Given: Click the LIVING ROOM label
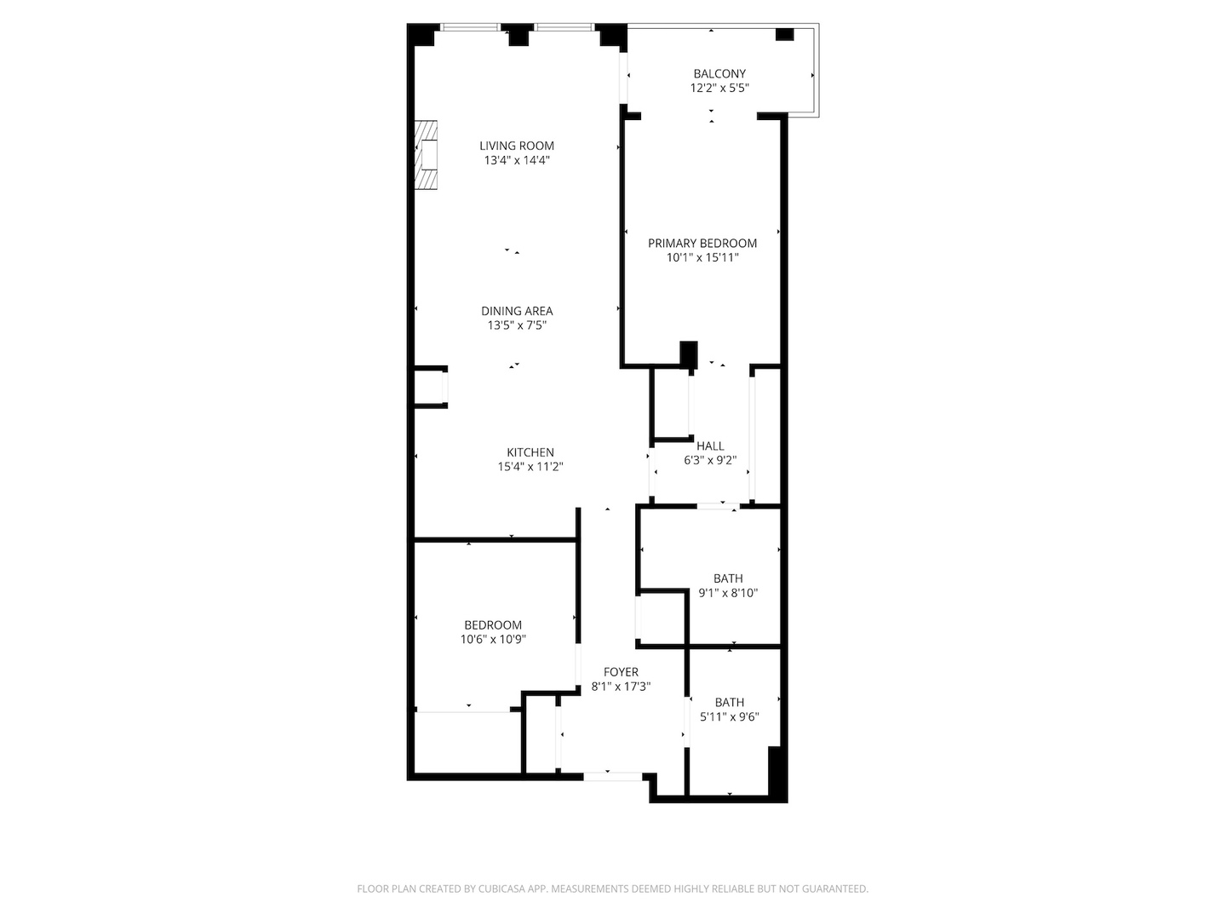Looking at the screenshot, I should pyautogui.click(x=516, y=146).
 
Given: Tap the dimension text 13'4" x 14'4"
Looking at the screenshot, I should pyautogui.click(x=516, y=160).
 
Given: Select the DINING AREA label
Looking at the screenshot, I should pyautogui.click(x=516, y=311).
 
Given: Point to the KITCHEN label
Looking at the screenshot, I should pyautogui.click(x=530, y=452).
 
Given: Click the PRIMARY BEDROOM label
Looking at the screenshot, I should pyautogui.click(x=702, y=243).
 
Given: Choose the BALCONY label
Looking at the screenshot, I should pyautogui.click(x=719, y=73).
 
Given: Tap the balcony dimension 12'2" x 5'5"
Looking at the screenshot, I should pyautogui.click(x=719, y=88).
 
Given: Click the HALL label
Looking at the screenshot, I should pyautogui.click(x=710, y=446).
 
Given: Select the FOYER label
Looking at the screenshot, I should pyautogui.click(x=621, y=672).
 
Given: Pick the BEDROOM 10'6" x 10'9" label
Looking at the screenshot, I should pyautogui.click(x=493, y=624).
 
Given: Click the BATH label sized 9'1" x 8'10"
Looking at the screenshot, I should pyautogui.click(x=728, y=578).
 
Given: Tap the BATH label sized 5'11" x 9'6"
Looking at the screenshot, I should pyautogui.click(x=729, y=702).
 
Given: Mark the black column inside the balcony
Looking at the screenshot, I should pyautogui.click(x=784, y=35).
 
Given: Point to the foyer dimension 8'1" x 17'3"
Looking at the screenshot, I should pyautogui.click(x=621, y=687).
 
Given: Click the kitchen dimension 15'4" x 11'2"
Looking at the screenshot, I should pyautogui.click(x=530, y=467).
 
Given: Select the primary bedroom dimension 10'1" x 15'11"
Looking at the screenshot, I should pyautogui.click(x=702, y=257).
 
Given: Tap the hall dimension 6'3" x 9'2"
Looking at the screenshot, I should pyautogui.click(x=710, y=460).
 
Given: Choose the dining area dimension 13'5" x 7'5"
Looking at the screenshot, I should pyautogui.click(x=516, y=325).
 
